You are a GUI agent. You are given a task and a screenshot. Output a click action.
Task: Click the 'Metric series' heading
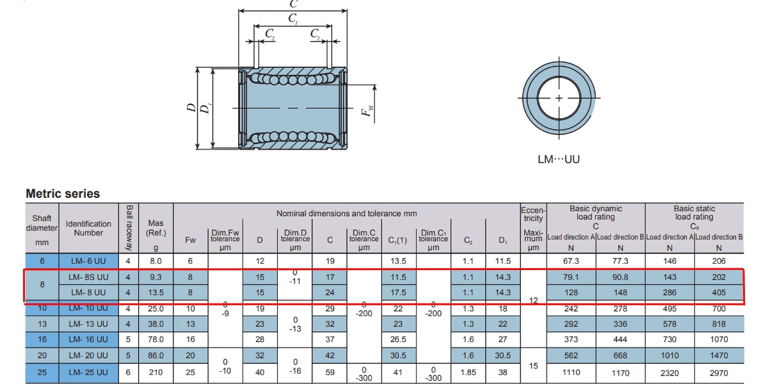point(63,193)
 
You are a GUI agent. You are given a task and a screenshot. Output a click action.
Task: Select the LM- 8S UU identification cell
point(88,276)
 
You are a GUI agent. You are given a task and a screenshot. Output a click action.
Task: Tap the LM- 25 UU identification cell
point(88,372)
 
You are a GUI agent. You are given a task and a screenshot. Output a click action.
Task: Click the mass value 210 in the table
point(156,372)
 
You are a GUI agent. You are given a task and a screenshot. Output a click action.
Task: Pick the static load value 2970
point(719,372)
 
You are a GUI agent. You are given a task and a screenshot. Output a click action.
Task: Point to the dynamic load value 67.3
point(571,261)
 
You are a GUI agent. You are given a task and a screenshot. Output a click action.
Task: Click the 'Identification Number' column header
point(88,228)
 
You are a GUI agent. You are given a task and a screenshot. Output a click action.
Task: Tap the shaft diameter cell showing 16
point(42,339)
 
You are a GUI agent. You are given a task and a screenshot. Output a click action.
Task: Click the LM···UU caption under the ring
point(558,159)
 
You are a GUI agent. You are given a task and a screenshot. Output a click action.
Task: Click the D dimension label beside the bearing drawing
point(191,108)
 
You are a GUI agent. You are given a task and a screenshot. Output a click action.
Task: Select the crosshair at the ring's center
point(559,98)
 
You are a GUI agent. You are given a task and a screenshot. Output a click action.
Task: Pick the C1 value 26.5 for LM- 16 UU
point(398,339)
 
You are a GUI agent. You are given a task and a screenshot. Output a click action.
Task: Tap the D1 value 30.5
point(503,355)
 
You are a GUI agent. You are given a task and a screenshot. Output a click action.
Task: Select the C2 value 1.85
point(468,372)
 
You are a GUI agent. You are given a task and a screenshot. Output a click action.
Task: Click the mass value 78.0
point(156,339)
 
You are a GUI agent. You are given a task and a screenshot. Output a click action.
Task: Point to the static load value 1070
point(719,339)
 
